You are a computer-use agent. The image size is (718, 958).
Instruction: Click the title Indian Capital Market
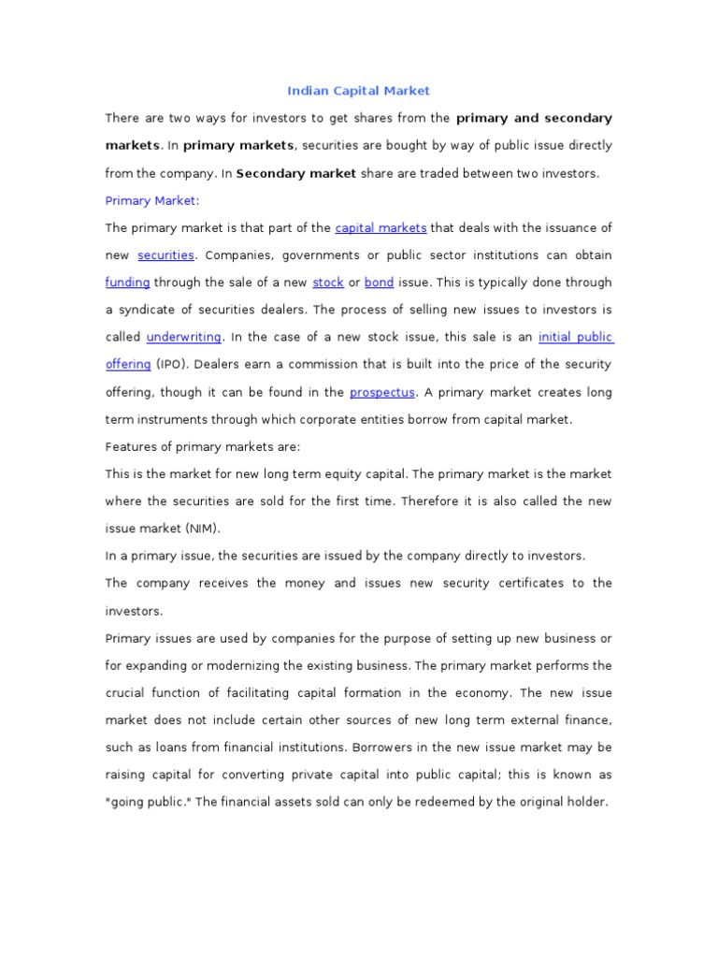coord(358,91)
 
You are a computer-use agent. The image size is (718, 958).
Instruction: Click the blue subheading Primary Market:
coord(152,200)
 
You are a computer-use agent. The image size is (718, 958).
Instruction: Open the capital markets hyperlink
coord(381,228)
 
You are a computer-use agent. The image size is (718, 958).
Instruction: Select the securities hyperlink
coord(165,255)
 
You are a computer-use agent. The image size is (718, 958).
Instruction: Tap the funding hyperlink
coord(127,283)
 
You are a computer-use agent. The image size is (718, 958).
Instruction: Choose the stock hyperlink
coord(328,283)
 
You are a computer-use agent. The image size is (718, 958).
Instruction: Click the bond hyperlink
coord(379,283)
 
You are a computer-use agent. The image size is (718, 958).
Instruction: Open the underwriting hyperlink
coord(183,337)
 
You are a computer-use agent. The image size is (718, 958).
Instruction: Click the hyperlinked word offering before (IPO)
coord(128,365)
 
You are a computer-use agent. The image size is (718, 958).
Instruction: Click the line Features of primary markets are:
coord(203,447)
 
